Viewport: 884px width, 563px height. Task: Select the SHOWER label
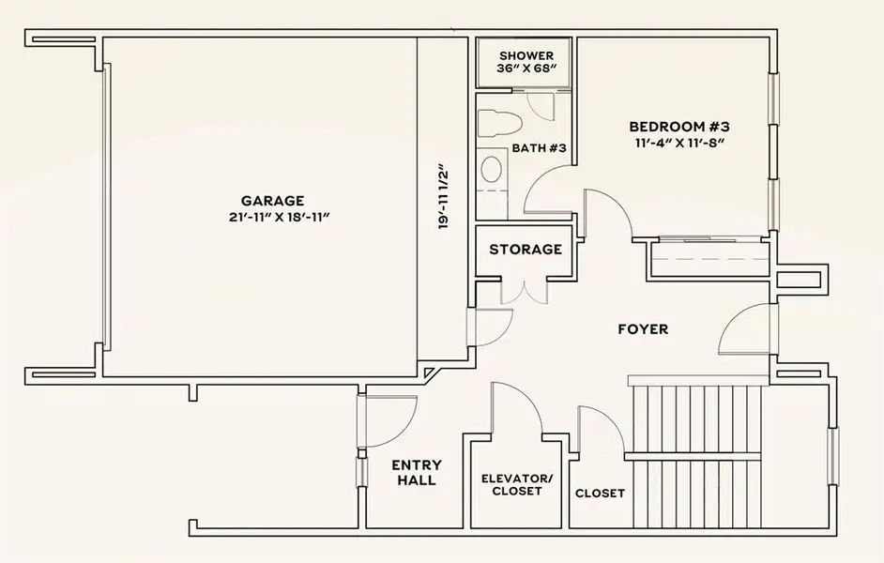pos(526,55)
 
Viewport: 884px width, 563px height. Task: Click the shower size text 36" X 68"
pos(526,70)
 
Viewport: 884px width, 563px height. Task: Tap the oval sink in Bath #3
pos(491,169)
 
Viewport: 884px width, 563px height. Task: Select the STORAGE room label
pos(526,250)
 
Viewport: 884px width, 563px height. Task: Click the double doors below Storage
pos(524,291)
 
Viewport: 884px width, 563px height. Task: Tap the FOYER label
pos(643,329)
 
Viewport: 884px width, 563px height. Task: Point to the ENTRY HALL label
pos(416,472)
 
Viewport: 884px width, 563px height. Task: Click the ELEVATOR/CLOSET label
pos(517,484)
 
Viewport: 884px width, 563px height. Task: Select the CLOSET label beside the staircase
pos(599,494)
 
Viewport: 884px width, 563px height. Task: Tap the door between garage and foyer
pos(491,325)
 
